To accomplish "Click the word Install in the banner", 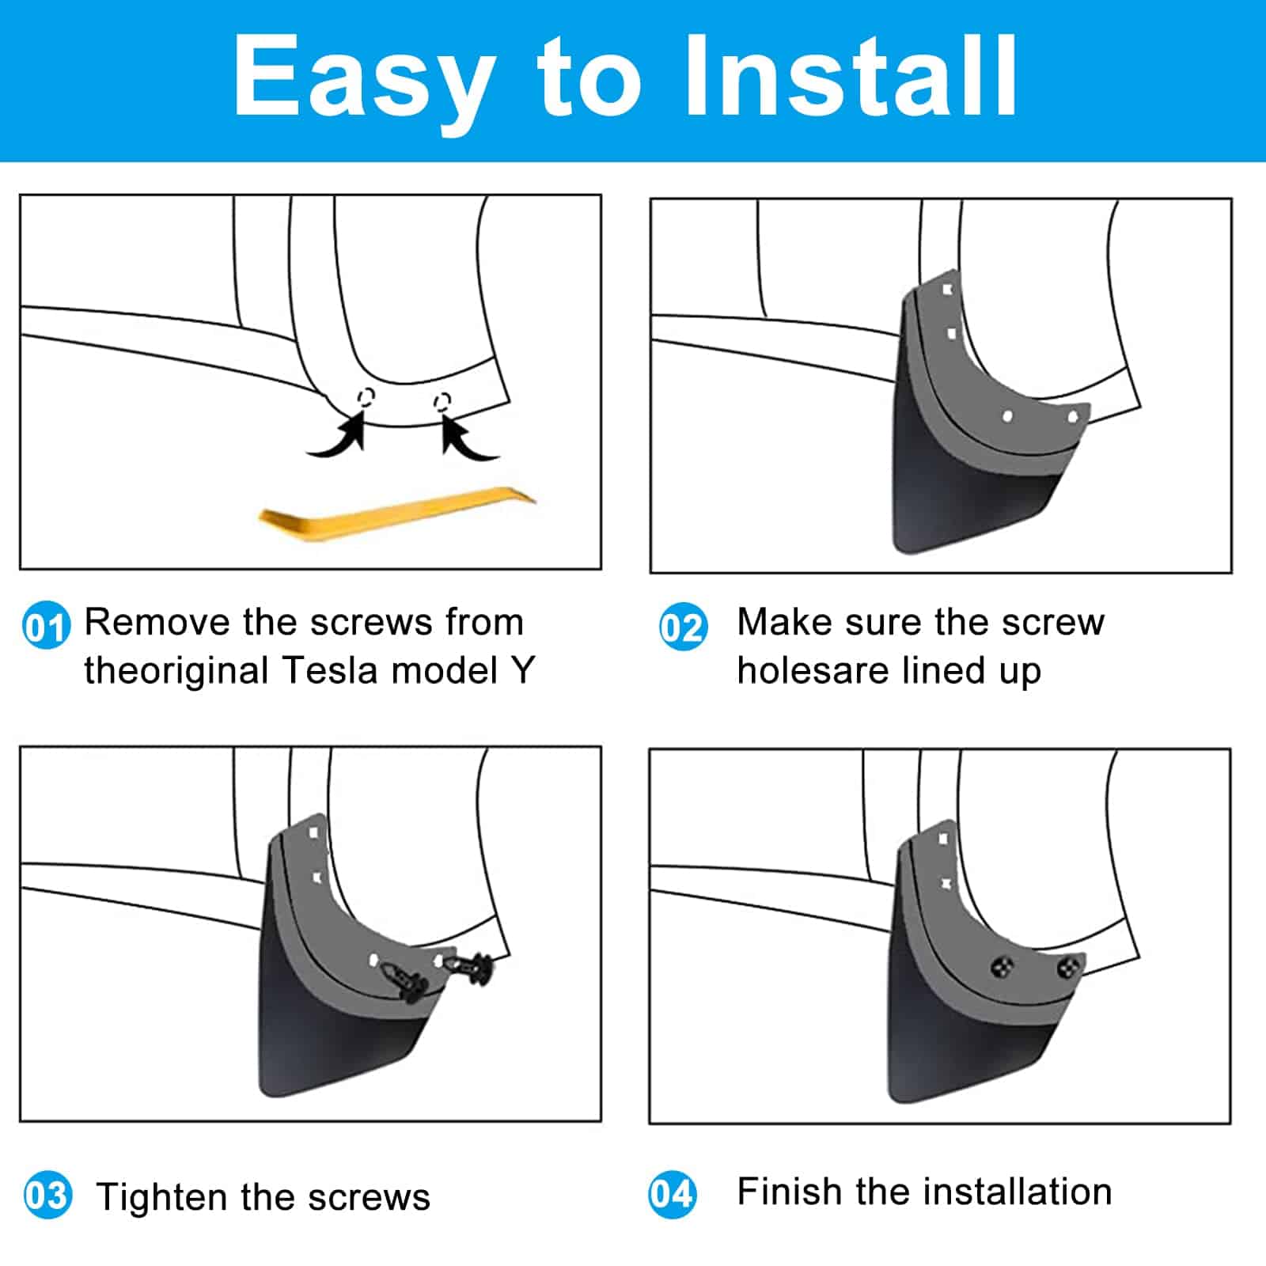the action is pos(851,77).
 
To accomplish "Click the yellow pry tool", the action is pos(397,514).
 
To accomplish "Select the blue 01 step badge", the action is pos(46,627).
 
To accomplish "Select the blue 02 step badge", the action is pos(683,627).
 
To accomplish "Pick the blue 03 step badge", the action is pos(47,1195).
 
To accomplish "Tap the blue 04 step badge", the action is pos(672,1194).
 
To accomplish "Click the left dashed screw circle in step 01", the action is pos(366,396).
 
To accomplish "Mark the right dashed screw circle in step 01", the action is pos(443,401).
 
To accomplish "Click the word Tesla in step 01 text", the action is pos(332,670).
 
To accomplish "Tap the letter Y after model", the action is pos(523,670).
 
